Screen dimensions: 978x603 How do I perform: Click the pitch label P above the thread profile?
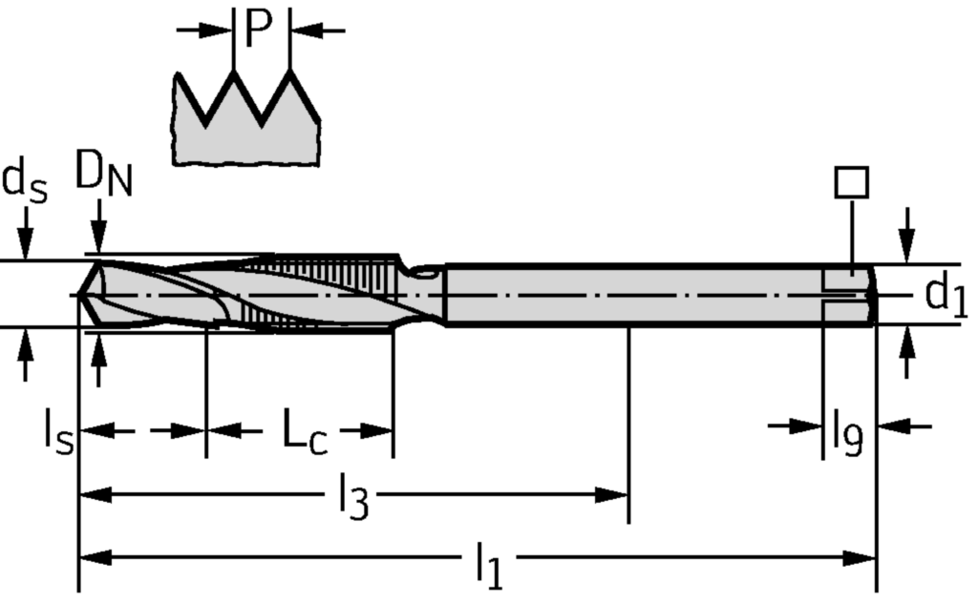(259, 28)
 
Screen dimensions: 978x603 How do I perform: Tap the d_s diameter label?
(25, 181)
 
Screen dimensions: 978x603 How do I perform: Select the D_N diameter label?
(103, 174)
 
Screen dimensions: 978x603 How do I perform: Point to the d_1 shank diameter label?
(946, 297)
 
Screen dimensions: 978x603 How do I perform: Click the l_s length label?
(58, 431)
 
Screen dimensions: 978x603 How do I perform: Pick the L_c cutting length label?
(305, 431)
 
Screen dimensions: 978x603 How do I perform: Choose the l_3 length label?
(353, 496)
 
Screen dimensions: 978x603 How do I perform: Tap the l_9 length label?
(848, 431)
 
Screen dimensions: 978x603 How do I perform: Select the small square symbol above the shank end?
(851, 182)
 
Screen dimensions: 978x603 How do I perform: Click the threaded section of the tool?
(325, 292)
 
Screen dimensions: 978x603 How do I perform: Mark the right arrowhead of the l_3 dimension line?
(611, 495)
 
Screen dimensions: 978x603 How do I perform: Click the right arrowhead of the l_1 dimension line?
(860, 558)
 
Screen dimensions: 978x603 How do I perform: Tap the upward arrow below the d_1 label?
(907, 352)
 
